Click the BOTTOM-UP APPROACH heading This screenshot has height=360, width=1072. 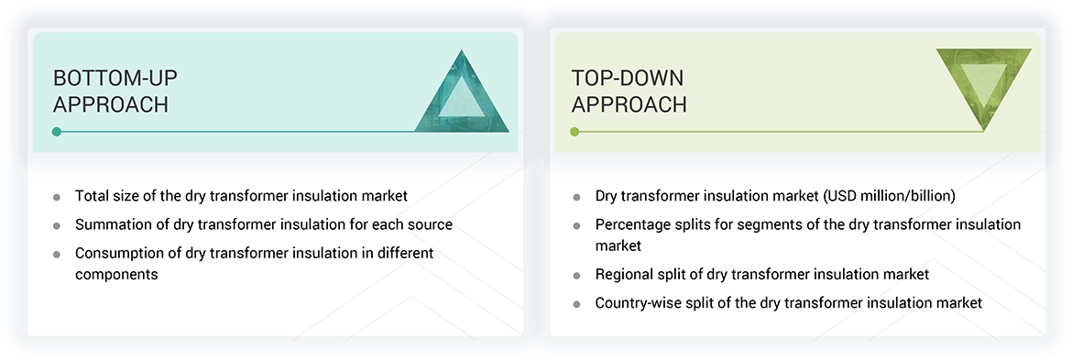[111, 91]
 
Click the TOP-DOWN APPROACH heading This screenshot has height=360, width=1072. [629, 91]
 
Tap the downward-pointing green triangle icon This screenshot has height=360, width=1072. [984, 83]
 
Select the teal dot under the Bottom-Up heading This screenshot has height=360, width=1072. [57, 132]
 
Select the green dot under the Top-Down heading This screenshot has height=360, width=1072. [574, 132]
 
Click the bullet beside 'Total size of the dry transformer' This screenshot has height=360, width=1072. [57, 197]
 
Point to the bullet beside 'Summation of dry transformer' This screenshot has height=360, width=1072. [57, 225]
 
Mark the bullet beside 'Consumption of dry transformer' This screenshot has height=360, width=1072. [57, 254]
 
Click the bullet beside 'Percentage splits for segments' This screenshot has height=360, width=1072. [576, 225]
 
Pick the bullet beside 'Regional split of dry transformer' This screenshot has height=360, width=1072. [576, 276]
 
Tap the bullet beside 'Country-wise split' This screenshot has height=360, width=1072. [576, 303]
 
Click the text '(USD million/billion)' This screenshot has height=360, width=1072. [889, 196]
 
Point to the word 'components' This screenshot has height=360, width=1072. [116, 274]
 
